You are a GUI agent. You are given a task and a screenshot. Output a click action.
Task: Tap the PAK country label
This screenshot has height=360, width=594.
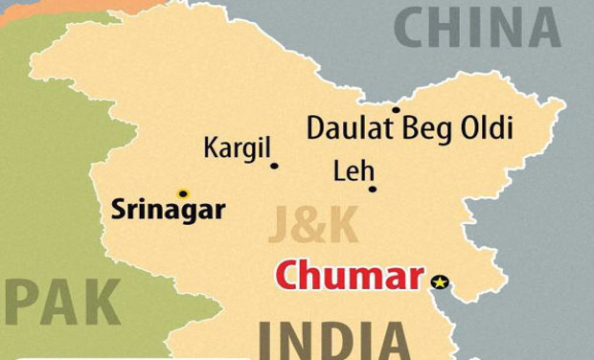62,304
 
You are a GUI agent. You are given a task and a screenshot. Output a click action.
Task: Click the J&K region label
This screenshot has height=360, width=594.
314,228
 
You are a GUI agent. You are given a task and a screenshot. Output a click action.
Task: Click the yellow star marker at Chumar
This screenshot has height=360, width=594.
440,281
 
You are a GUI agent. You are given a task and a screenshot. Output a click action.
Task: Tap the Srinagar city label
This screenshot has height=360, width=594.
168,210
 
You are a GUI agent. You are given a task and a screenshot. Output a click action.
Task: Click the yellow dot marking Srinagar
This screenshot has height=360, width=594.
183,193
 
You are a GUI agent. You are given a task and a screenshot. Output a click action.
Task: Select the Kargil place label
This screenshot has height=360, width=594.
238,148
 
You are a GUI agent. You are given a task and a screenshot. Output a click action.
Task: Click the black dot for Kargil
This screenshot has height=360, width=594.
274,166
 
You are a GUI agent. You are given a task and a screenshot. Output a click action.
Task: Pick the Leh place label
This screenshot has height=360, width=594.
349,171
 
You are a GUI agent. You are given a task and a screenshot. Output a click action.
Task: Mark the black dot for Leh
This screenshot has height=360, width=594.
373,189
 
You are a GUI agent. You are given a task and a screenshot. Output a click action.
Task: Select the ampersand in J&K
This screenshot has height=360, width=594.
314,228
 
